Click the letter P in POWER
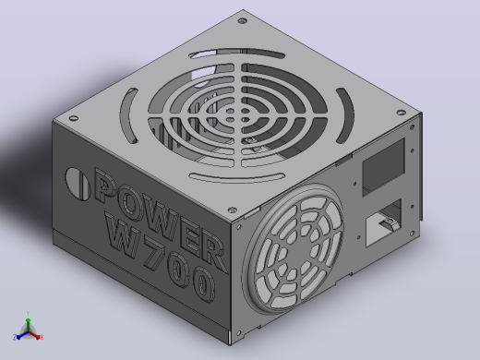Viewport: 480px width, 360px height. (104, 186)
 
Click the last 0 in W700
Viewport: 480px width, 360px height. (202, 283)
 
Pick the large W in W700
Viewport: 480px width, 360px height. (123, 234)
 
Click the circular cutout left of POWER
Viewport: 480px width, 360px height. (77, 184)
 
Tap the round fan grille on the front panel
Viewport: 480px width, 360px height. (293, 248)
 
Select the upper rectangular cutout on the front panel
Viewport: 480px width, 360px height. (383, 167)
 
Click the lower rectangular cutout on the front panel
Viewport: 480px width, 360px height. (384, 222)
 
